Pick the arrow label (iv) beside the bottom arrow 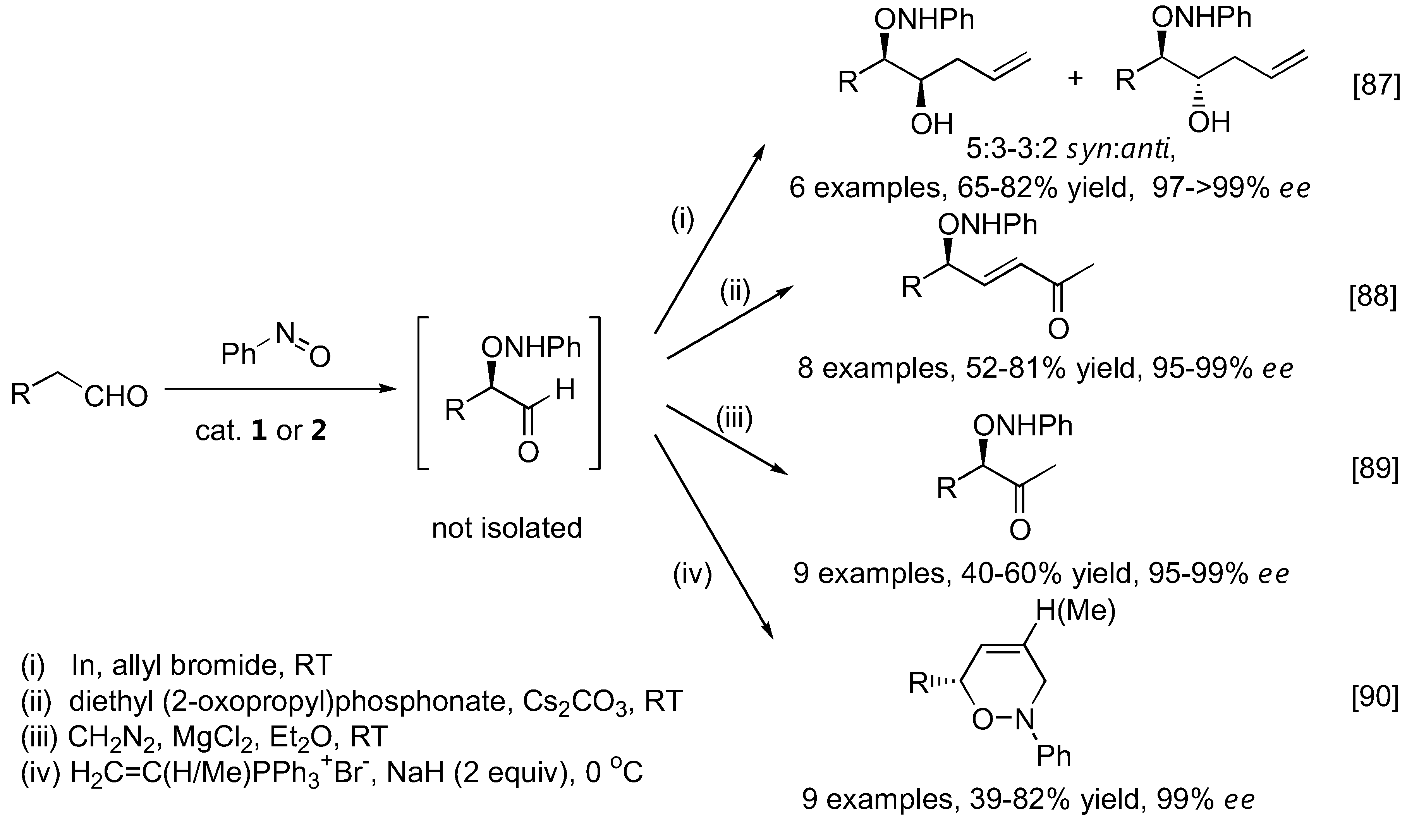692,575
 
